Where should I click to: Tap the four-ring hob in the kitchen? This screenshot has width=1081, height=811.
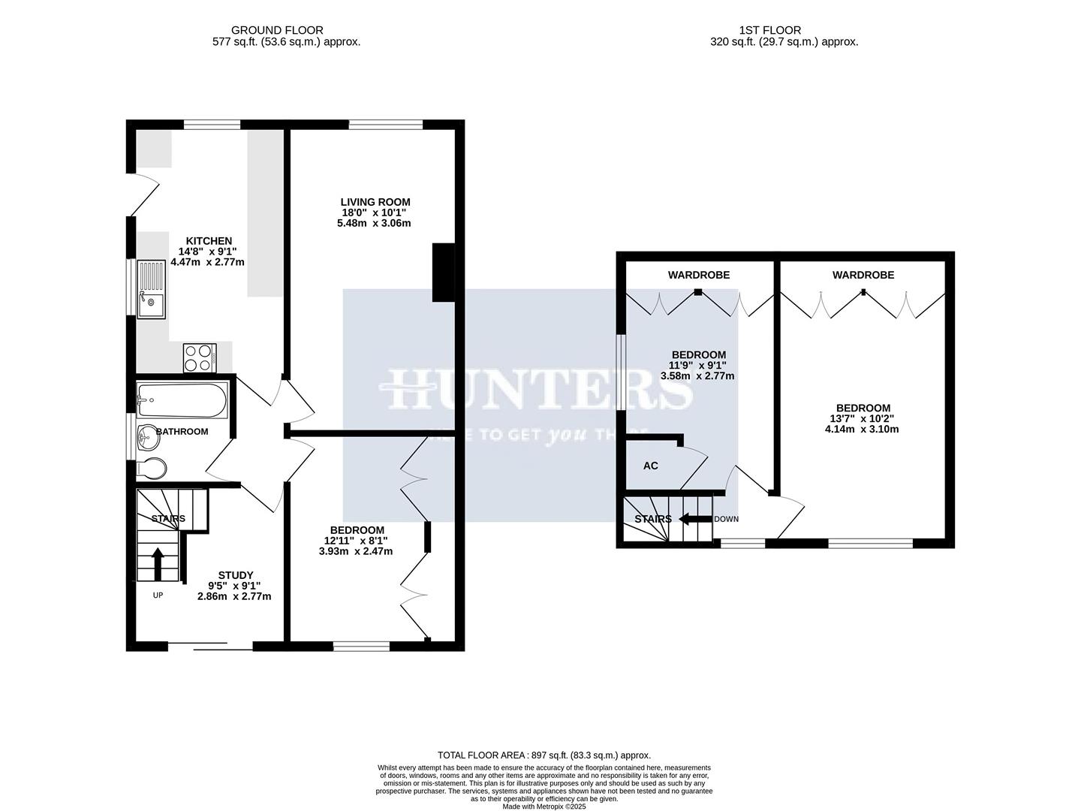[200, 357]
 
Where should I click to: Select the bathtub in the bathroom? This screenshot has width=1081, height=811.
[182, 400]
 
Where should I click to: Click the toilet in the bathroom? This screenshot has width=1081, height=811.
[152, 468]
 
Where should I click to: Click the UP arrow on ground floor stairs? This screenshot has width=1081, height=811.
[158, 564]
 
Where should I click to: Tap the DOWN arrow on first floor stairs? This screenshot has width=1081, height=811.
[695, 519]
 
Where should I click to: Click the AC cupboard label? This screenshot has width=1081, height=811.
[651, 466]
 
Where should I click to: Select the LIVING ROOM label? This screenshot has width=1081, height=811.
[375, 202]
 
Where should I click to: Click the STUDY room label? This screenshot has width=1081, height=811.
[235, 575]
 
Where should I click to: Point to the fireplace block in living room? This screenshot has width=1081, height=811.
[443, 273]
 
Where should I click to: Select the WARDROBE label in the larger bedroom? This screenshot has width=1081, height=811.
[863, 276]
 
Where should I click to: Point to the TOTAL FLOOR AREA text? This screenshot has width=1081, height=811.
[544, 755]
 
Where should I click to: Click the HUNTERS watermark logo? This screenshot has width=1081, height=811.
[538, 388]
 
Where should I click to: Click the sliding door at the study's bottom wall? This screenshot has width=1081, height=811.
[209, 645]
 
